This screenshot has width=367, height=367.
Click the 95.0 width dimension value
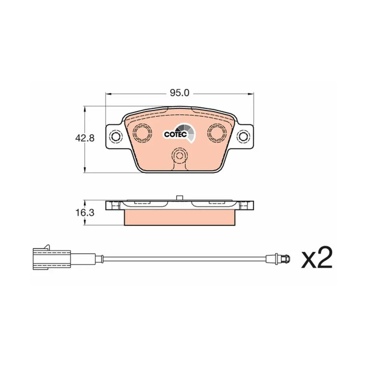pyautogui.click(x=179, y=93)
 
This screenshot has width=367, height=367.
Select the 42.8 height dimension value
pyautogui.click(x=84, y=138)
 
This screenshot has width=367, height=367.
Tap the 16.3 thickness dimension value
pyautogui.click(x=84, y=212)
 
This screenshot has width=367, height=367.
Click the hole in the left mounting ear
pyautogui.click(x=116, y=136)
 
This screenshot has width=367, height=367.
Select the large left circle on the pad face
pyautogui.click(x=142, y=132)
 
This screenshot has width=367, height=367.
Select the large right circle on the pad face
pyautogui.click(x=217, y=132)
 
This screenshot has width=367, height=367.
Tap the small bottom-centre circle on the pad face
pyautogui.click(x=179, y=155)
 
